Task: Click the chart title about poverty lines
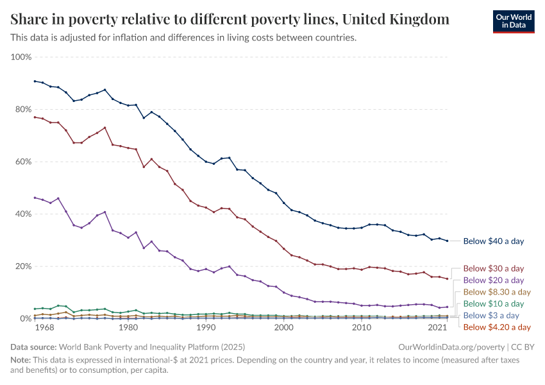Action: (x=230, y=19)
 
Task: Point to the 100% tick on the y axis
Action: (x=21, y=57)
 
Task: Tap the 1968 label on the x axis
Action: (x=44, y=328)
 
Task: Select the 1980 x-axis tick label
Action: (x=128, y=328)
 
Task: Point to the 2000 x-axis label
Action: (x=284, y=328)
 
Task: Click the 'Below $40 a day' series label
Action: (x=493, y=241)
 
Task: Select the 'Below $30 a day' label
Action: (x=493, y=268)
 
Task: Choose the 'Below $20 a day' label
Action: (x=493, y=280)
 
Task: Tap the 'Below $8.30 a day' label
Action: (x=496, y=291)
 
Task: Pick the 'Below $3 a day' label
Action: (x=491, y=315)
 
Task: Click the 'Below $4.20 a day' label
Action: (x=496, y=327)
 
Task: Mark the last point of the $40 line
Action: (x=447, y=241)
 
